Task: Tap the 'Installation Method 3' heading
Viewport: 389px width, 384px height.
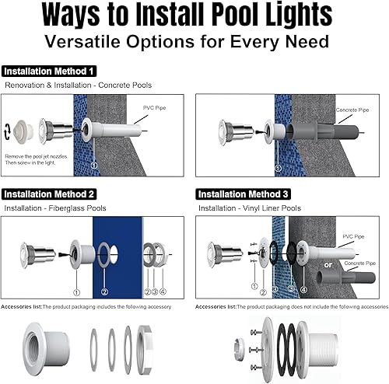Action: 247,194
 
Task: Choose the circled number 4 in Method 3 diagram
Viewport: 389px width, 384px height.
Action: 303,291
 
